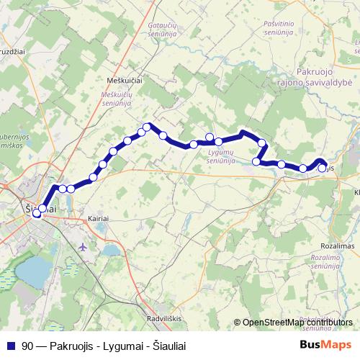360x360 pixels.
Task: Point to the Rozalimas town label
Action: (x=333, y=245)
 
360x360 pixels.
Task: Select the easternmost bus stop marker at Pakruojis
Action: (x=322, y=168)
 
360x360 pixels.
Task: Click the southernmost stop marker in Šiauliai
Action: (x=36, y=214)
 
